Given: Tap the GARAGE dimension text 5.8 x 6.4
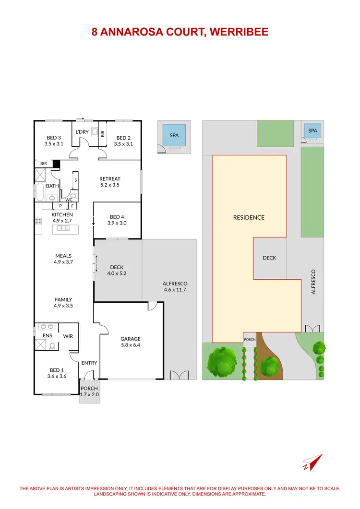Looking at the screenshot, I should pos(131,344).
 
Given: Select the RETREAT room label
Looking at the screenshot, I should pos(110,178).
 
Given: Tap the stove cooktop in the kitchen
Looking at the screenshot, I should pos(38,222).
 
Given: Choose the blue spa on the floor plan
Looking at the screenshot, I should pos(174,136).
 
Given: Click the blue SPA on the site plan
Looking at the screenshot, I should pos(312,130).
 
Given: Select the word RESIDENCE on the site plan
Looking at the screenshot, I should pos(249,217).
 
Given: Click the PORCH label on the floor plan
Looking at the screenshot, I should pos(89,388).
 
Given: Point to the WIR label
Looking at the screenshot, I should pos(68,336).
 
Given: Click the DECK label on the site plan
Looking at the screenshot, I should pos(269,258).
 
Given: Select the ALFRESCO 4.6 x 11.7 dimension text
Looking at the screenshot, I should pos(175,290).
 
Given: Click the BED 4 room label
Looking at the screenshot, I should pos(117,216).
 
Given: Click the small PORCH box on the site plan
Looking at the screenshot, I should pos(250,338).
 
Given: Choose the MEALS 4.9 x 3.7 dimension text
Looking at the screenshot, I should pos(63,262).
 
